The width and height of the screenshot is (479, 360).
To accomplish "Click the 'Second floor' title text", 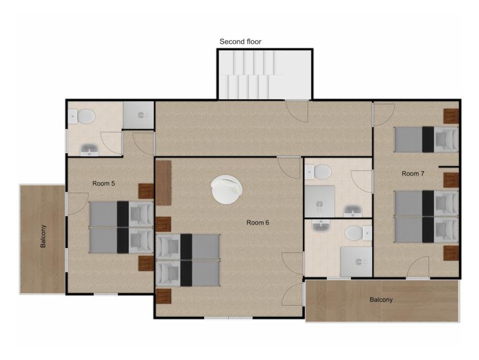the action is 240,41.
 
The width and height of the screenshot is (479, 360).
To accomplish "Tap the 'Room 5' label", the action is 104,183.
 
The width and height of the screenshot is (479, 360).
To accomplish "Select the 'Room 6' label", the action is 257,222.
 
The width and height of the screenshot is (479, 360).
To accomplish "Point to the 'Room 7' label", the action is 413,174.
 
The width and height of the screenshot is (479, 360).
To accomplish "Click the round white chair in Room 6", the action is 227,189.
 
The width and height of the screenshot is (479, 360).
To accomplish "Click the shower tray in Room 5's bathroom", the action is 139,115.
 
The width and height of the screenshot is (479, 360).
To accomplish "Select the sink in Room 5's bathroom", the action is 89,150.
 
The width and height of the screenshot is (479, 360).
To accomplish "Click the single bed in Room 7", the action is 427,139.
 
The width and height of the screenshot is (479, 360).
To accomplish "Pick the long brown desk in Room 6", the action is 164,183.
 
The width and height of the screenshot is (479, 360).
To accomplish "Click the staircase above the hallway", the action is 265,74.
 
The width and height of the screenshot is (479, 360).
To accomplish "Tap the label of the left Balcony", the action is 43,236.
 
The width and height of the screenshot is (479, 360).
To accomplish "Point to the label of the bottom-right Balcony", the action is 381,299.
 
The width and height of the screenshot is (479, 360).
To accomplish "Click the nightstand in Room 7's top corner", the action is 451,116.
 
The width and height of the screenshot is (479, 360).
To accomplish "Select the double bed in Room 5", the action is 121,227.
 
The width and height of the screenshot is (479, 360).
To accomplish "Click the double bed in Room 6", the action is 188,260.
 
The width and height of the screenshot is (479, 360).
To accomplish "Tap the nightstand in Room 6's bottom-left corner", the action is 164,296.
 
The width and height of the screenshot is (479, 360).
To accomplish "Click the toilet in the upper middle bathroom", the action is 318,172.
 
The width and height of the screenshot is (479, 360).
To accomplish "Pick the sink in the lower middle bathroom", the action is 321,226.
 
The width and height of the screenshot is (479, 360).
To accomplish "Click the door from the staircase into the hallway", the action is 297,111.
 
